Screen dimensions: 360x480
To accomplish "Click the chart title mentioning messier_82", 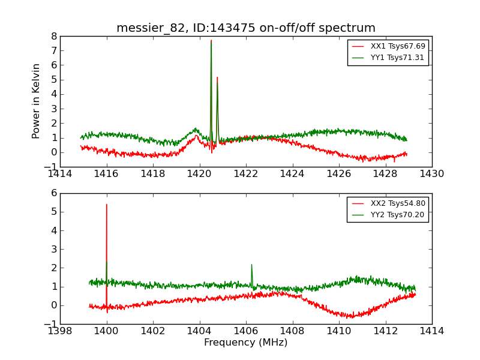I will tap(246, 28).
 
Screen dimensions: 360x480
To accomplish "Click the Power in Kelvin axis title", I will tap(37, 101).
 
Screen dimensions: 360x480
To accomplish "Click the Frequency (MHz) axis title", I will tap(246, 343).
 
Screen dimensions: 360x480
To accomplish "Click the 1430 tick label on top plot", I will tap(431, 174).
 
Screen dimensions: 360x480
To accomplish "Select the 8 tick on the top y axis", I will tap(54, 36).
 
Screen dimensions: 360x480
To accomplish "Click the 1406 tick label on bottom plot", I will tap(246, 331).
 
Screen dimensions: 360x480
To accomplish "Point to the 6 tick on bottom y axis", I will tap(54, 193).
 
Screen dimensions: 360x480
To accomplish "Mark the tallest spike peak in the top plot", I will tap(211, 41).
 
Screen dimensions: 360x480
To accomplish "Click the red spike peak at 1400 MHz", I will tap(107, 205).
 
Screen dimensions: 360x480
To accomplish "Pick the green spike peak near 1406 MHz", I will tap(251, 265).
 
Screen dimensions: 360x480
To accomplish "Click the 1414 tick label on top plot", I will tap(60, 174).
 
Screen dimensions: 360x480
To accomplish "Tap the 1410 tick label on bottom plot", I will tap(338, 331).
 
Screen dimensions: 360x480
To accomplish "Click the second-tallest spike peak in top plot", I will tap(217, 77).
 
